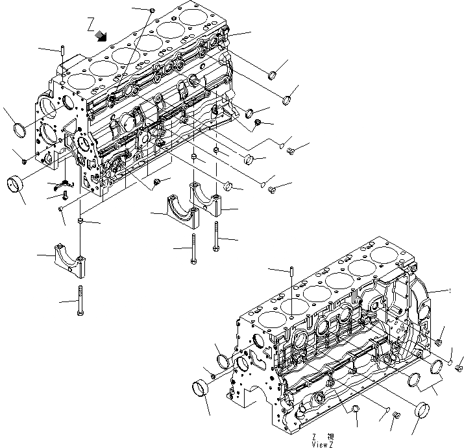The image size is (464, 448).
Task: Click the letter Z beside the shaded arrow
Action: click(x=91, y=25)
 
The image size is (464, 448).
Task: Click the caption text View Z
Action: click(x=321, y=444)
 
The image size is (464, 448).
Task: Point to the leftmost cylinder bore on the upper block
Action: click(x=79, y=82)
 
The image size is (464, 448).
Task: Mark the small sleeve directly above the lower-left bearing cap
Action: click(x=80, y=222)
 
